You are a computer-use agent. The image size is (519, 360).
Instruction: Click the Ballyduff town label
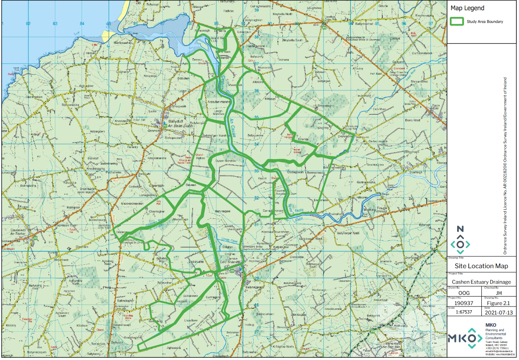pyautogui.click(x=173, y=122)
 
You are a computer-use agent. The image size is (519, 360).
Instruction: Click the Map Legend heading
pyautogui.click(x=467, y=8)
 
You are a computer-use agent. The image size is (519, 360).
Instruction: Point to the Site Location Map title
pyautogui.click(x=481, y=266)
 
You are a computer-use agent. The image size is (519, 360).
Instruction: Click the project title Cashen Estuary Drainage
pyautogui.click(x=481, y=282)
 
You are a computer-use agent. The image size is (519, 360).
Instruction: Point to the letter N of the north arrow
pyautogui.click(x=460, y=229)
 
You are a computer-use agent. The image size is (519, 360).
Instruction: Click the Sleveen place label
pyautogui.click(x=191, y=185)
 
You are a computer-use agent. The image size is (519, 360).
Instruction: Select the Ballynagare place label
pyautogui.click(x=223, y=212)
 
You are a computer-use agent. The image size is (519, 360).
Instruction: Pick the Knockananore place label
pyautogui.click(x=157, y=159)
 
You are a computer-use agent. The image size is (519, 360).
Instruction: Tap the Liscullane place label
pyautogui.click(x=191, y=321)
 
